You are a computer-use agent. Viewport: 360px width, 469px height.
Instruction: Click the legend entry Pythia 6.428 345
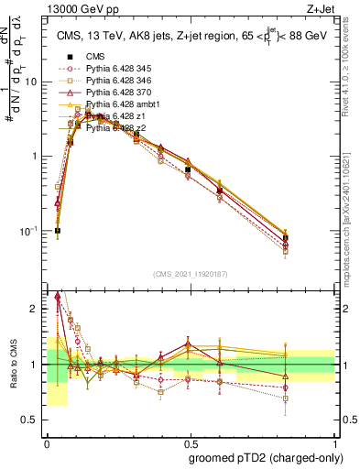click(128, 69)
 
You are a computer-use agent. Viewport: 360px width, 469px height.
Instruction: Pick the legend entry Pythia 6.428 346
click(128, 81)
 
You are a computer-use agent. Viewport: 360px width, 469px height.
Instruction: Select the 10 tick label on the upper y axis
click(34, 82)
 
